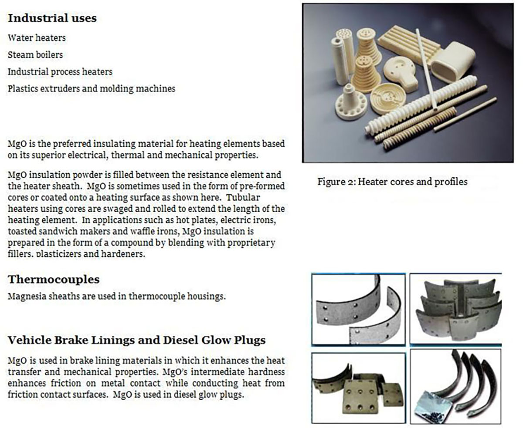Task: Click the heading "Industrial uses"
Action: [x=52, y=18]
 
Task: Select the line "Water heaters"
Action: [x=37, y=38]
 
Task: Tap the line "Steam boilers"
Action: [x=35, y=55]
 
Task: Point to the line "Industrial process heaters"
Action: [x=60, y=71]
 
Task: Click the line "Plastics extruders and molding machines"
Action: [x=91, y=88]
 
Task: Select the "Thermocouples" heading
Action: [x=53, y=280]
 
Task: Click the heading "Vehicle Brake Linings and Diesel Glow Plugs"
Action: [x=136, y=340]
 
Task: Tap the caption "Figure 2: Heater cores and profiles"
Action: [x=392, y=182]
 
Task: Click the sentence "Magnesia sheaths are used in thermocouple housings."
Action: [x=116, y=297]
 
